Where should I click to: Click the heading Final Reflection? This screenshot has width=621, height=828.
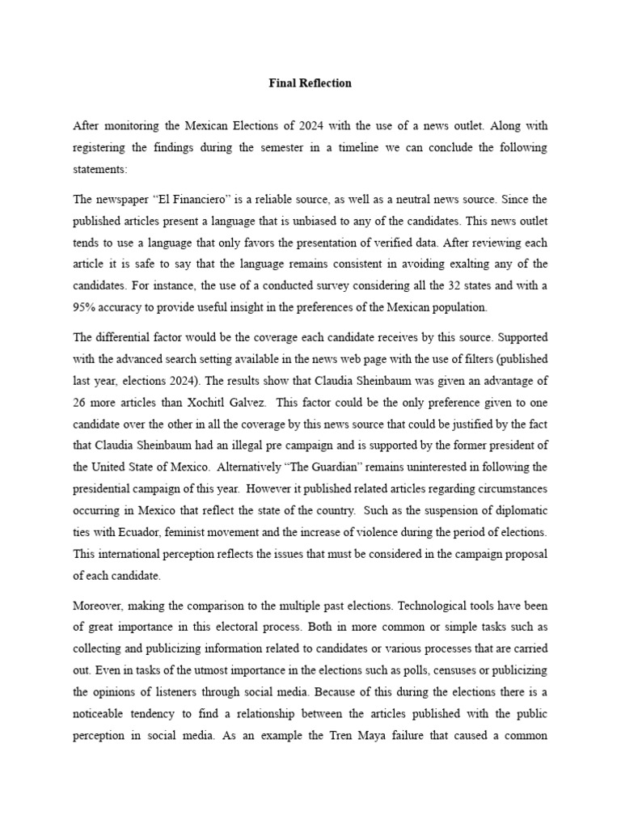click(x=310, y=83)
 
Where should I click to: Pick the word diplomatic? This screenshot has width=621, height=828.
click(x=517, y=511)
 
